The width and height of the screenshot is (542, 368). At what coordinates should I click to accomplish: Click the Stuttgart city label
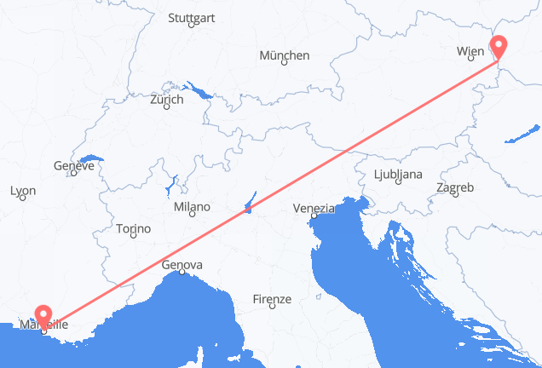click(x=191, y=17)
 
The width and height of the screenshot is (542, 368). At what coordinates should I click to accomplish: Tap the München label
click(x=285, y=55)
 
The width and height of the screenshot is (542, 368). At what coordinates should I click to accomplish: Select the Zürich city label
click(x=167, y=100)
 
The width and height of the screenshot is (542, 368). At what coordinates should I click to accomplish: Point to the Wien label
click(x=470, y=52)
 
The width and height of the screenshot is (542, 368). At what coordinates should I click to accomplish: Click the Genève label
click(x=72, y=167)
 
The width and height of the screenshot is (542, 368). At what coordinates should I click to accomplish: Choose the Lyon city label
click(x=23, y=192)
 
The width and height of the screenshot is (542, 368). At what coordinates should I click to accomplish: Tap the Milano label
click(x=192, y=207)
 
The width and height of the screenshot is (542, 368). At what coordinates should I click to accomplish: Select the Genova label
click(x=182, y=266)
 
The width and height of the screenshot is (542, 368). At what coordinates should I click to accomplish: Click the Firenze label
click(x=273, y=299)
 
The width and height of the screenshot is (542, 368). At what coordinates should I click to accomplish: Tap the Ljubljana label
click(x=398, y=175)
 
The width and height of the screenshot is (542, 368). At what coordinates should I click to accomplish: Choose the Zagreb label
click(x=454, y=187)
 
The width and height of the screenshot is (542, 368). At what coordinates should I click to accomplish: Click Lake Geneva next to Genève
click(x=90, y=158)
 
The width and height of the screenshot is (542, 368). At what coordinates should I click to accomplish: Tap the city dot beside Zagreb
click(x=457, y=195)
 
